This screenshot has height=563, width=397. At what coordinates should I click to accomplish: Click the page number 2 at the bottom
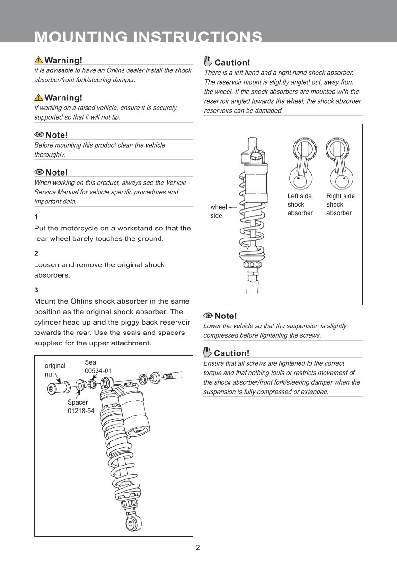click(x=198, y=548)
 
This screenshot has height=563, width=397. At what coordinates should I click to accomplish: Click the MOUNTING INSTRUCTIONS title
click(x=149, y=37)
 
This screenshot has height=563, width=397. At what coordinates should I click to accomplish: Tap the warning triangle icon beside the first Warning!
click(x=38, y=60)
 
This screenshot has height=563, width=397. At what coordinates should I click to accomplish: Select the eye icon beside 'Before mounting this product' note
click(x=39, y=135)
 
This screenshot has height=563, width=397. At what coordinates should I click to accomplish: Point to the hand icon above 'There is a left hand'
click(x=208, y=62)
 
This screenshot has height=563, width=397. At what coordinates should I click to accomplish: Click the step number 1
click(x=36, y=217)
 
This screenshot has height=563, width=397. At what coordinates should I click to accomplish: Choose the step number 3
click(x=36, y=290)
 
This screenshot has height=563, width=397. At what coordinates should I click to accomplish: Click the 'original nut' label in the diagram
click(x=55, y=370)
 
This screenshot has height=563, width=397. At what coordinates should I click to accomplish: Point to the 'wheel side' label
click(x=218, y=211)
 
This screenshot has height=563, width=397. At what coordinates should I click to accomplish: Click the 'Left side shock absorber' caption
click(x=300, y=204)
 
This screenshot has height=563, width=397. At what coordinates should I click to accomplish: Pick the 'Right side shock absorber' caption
click(x=340, y=204)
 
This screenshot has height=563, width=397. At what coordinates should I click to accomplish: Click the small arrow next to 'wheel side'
click(x=233, y=207)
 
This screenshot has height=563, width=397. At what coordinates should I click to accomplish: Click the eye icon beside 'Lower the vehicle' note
click(x=208, y=316)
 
